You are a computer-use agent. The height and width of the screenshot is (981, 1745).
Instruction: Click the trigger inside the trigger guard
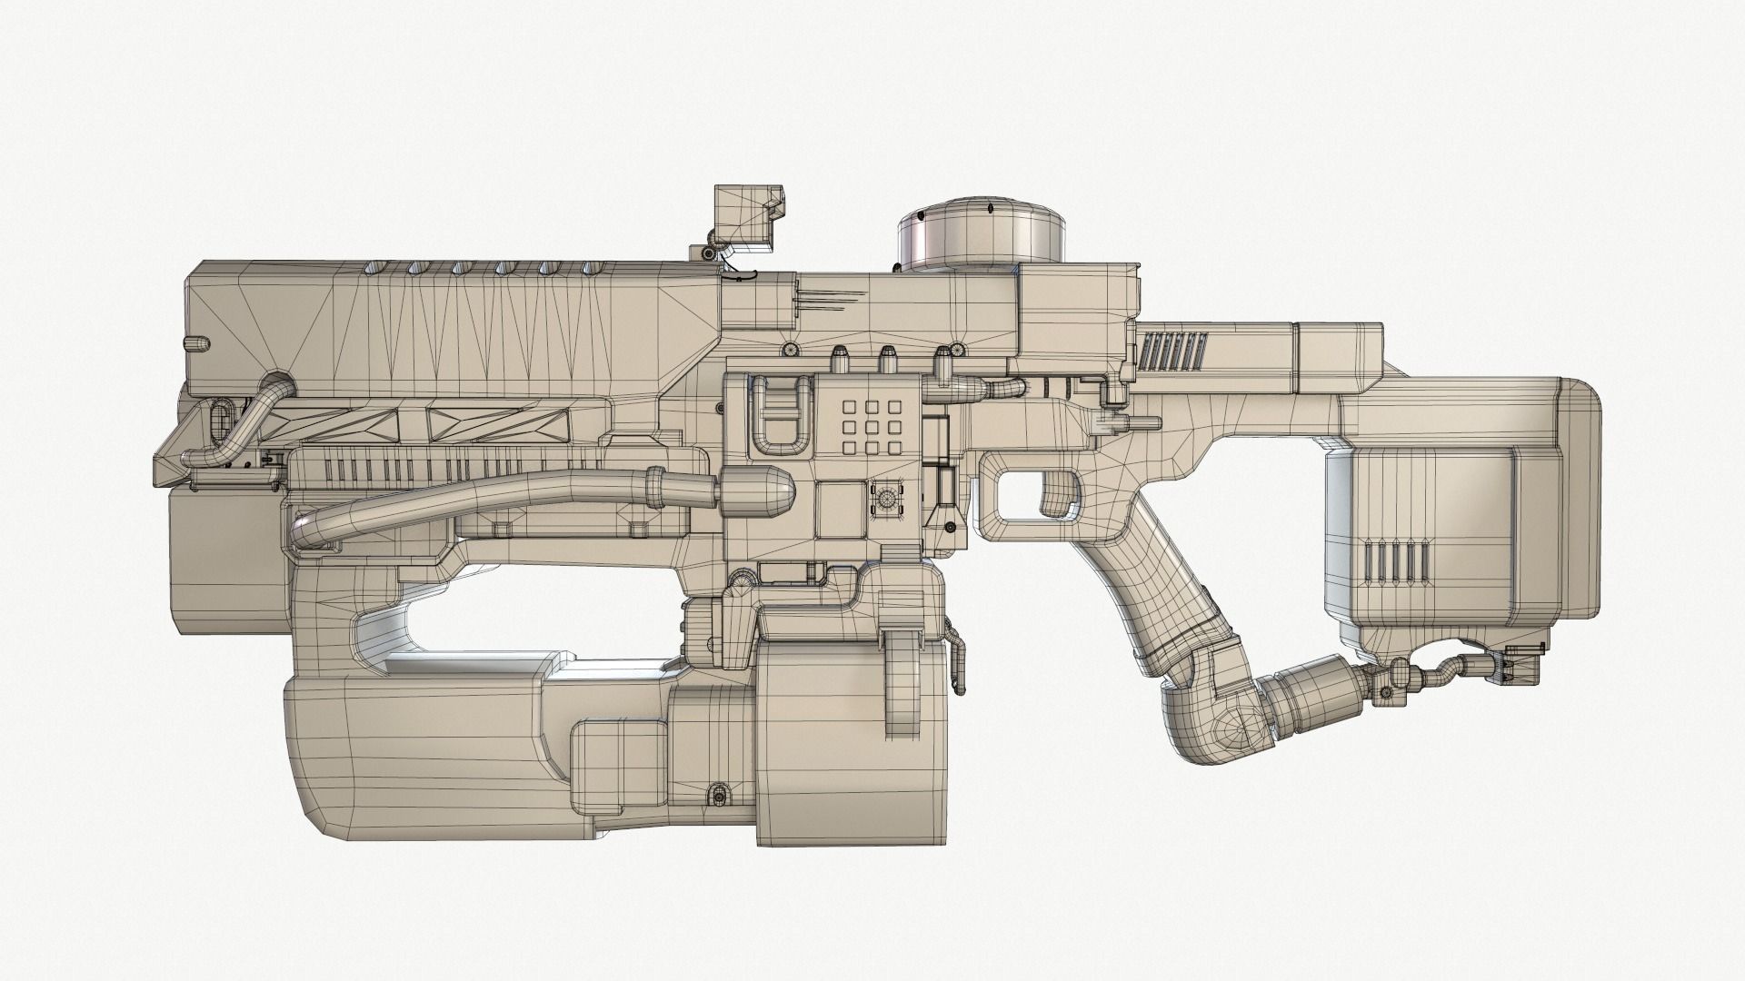[x=1056, y=495]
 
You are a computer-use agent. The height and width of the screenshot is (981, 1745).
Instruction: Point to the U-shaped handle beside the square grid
[x=780, y=414]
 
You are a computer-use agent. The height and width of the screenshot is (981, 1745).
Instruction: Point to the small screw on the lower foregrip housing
[x=720, y=796]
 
